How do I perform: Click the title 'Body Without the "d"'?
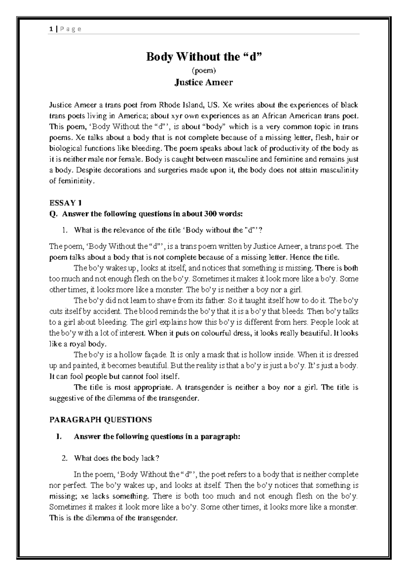pos(204,57)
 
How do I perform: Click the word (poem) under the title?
pos(204,71)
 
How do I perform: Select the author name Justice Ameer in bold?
pos(204,83)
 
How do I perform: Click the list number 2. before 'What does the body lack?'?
pos(65,458)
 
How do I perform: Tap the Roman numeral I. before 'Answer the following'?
pos(59,437)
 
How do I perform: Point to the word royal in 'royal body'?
pos(78,344)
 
